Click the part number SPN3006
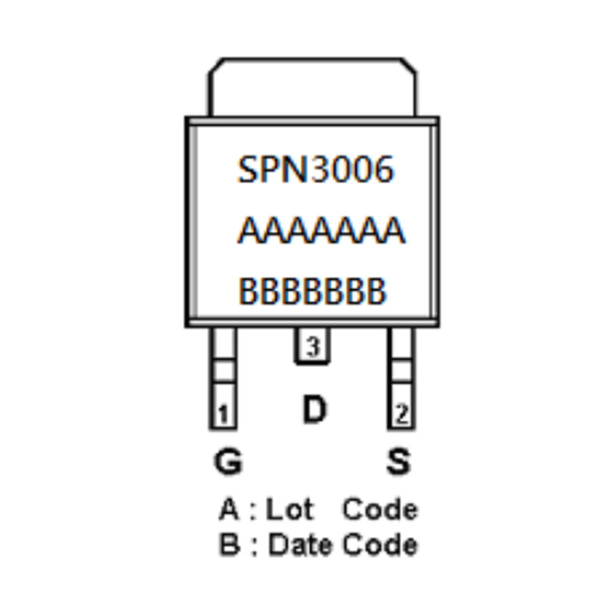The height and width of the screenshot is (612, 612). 315,169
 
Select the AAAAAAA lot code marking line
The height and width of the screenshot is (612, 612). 321,230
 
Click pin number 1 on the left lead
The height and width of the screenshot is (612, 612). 223,415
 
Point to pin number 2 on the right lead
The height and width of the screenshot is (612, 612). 401,415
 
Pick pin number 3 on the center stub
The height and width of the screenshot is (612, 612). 312,347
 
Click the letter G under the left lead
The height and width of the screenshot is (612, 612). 227,461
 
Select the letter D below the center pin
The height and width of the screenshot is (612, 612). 314,410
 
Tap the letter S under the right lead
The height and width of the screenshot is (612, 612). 398,461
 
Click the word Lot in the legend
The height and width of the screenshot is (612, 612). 289,509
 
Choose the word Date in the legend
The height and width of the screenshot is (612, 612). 301,545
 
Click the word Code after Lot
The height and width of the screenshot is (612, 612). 379,509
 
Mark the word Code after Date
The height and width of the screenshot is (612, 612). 379,545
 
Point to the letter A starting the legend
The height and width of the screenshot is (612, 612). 229,509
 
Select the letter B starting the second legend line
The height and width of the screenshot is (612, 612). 229,545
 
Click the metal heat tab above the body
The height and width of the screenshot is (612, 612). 313,86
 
